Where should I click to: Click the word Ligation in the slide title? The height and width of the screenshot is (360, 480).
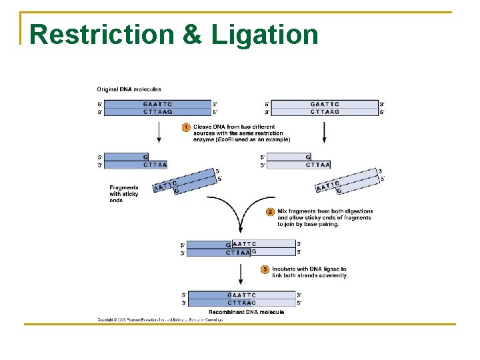pos(265,35)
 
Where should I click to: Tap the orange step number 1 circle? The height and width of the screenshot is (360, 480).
pos(187,127)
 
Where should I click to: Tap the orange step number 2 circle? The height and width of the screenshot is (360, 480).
pos(270,212)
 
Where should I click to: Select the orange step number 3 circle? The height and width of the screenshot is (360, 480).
pos(265,269)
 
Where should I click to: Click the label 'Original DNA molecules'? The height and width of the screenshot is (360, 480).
pos(129,89)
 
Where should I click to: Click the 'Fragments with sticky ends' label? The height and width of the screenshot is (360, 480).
pos(124,194)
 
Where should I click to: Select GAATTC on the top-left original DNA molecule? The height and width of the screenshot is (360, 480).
pos(157,104)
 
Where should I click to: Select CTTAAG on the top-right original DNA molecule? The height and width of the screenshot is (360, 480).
pos(325,112)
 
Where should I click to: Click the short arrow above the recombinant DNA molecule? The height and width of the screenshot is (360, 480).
pos(241,273)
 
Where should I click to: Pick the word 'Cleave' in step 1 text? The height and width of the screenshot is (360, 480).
pos(203,126)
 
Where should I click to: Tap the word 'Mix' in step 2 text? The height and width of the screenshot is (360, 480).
pos(283,211)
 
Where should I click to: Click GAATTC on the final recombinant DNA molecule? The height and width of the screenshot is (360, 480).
pos(241,295)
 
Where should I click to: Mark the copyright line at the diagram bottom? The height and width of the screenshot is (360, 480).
pos(160,320)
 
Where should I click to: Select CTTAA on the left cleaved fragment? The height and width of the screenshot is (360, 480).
pos(155,165)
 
